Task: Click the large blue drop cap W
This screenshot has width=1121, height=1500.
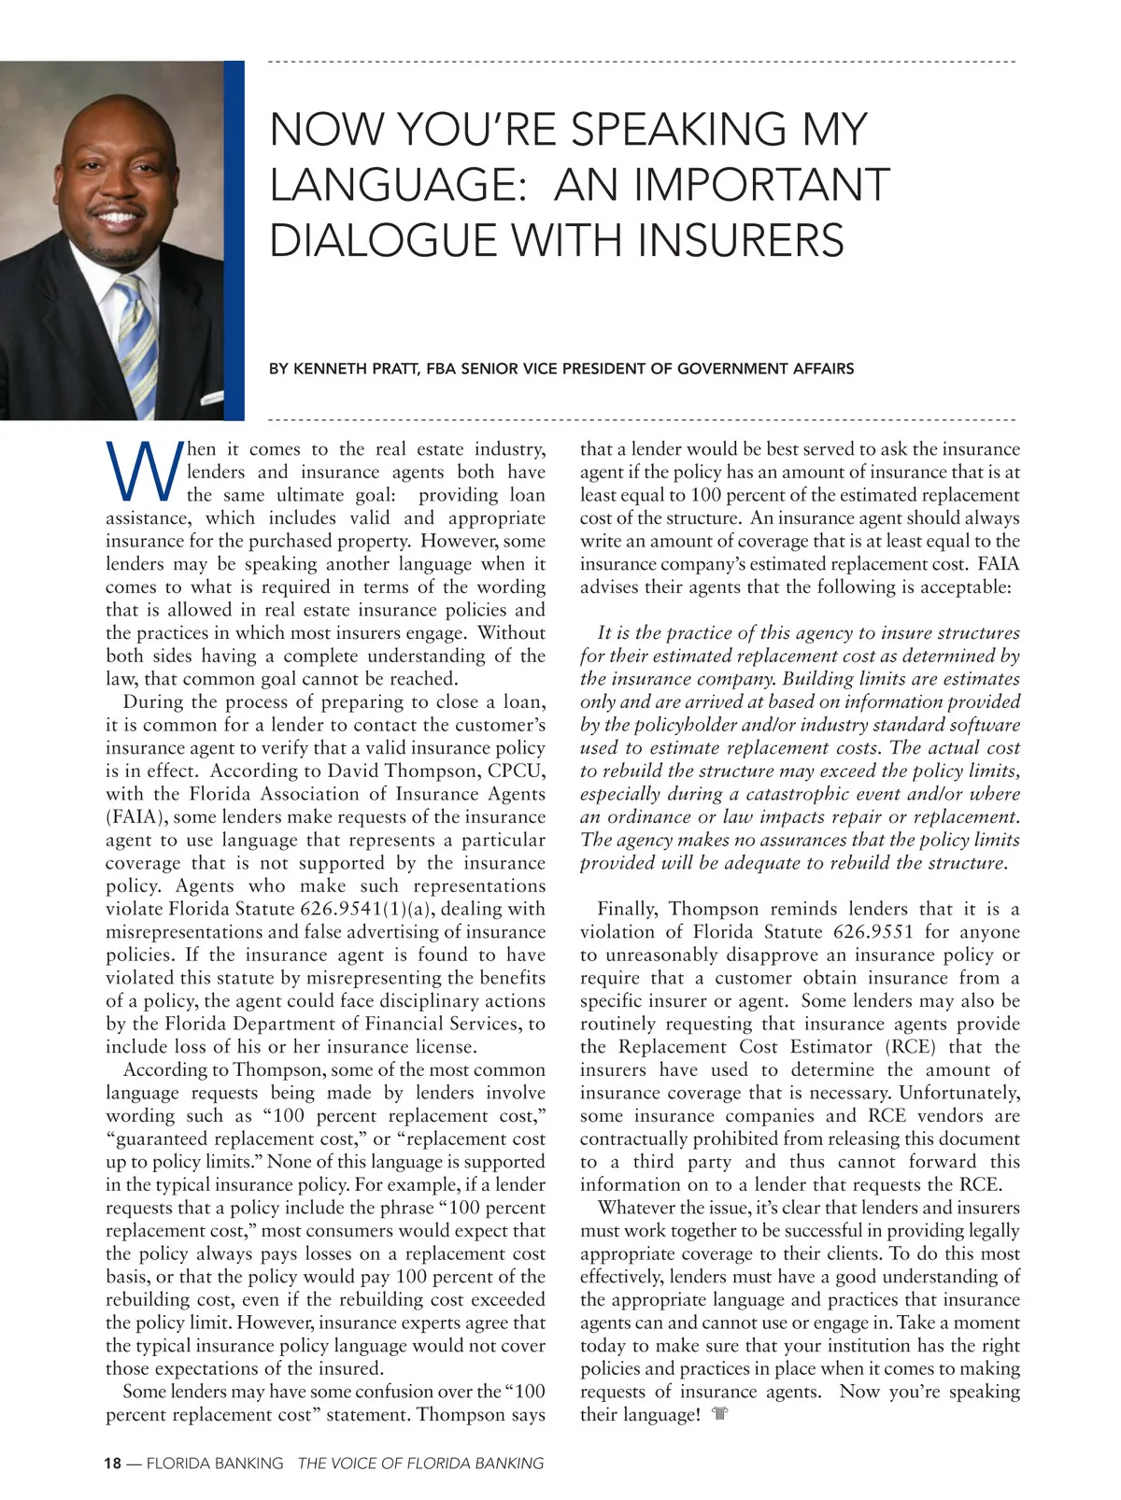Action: pos(143,472)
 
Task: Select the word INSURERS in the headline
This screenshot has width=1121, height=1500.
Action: pos(741,240)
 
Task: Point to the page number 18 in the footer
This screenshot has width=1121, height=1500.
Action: pos(112,1464)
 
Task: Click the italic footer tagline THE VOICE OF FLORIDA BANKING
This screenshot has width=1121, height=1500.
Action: pos(420,1464)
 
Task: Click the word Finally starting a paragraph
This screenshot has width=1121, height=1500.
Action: pos(628,909)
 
